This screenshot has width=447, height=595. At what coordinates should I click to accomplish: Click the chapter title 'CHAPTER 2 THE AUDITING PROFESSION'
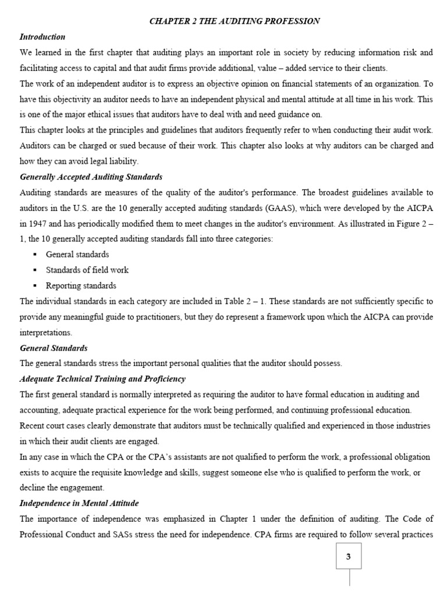235,21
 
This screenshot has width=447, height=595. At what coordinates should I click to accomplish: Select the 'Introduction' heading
42,37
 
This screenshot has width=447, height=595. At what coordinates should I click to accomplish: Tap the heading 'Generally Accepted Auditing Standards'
91,177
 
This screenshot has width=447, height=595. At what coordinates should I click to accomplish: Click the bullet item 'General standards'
77,255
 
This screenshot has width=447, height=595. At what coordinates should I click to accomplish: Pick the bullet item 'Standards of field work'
87,270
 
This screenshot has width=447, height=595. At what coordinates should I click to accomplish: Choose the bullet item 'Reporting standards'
81,285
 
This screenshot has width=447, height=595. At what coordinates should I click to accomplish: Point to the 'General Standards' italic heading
54,348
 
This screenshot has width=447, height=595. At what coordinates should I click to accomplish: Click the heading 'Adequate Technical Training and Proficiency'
102,379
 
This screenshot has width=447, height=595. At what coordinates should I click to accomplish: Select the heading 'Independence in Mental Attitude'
79,503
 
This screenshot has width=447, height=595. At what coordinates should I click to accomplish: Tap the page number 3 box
349,557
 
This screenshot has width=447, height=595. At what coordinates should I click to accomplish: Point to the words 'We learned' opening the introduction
40,52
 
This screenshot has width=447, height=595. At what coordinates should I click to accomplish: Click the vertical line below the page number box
349,578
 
